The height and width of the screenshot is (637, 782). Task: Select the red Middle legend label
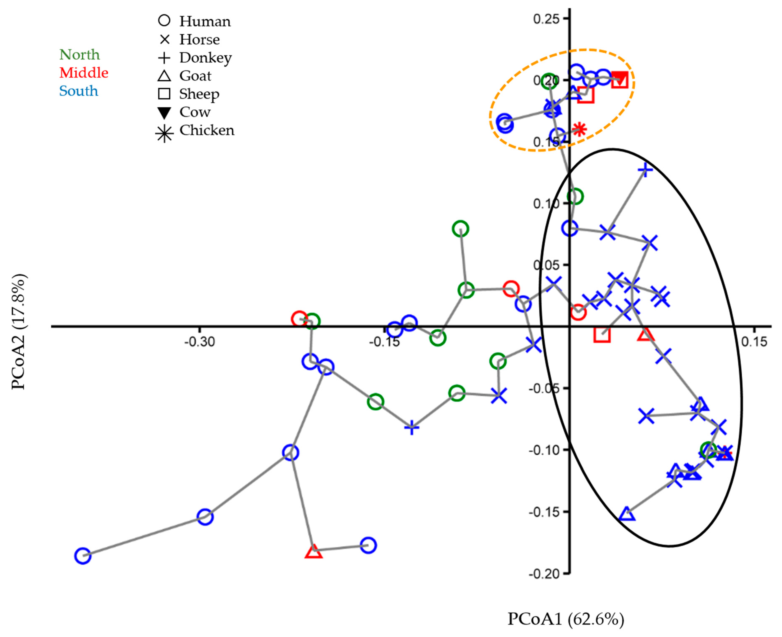[x=84, y=73]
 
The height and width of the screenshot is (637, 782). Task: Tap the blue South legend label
[x=79, y=91]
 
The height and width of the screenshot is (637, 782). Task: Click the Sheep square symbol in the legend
[x=164, y=94]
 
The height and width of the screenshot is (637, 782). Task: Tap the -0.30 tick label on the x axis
[x=199, y=342]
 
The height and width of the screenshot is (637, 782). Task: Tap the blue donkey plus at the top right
[x=645, y=169]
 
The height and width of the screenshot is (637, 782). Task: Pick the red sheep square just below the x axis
[x=602, y=335]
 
